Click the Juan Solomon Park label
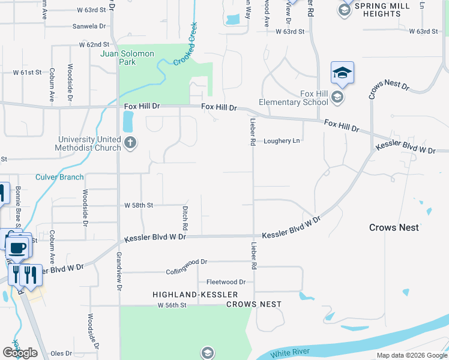[127, 58]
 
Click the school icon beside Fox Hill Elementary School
[337, 97]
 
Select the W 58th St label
[139, 205]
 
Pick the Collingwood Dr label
[187, 262]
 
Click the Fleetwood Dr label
[226, 282]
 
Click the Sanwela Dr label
[89, 26]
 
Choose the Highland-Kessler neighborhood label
[195, 295]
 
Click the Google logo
[20, 353]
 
